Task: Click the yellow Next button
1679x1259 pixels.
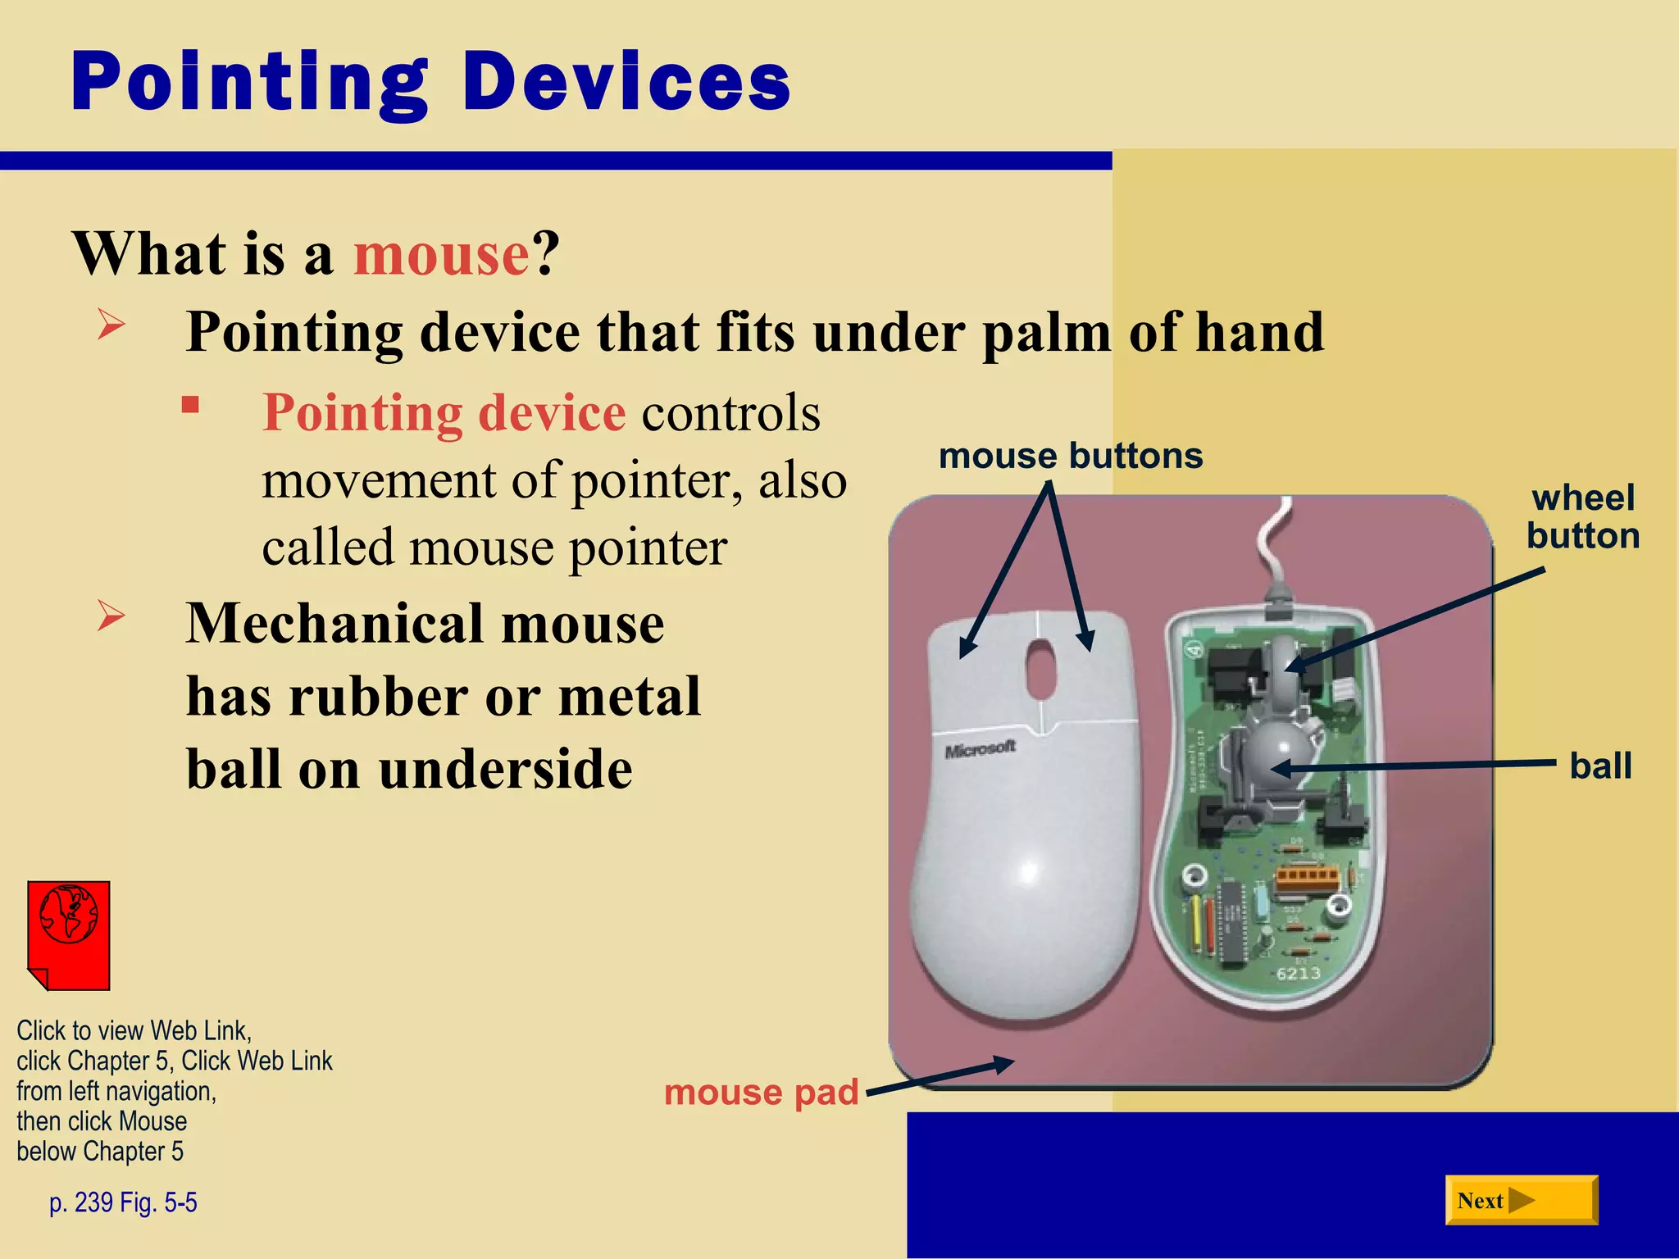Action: (x=1521, y=1200)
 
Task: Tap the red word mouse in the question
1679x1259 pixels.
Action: (x=442, y=254)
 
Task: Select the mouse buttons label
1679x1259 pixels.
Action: (x=1070, y=456)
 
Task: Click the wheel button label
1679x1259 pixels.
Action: (x=1582, y=517)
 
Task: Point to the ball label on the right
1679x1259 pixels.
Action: (x=1600, y=766)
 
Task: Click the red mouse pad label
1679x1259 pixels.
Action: (x=761, y=1093)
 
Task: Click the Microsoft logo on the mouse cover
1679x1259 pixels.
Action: (x=980, y=749)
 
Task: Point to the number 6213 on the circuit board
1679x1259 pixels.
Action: (x=1298, y=974)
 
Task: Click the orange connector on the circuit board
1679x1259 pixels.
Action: (x=1307, y=878)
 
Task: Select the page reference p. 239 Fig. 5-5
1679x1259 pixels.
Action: (x=123, y=1202)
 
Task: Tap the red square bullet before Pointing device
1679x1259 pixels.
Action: (x=191, y=405)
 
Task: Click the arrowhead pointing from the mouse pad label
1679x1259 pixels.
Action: (x=1003, y=1065)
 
